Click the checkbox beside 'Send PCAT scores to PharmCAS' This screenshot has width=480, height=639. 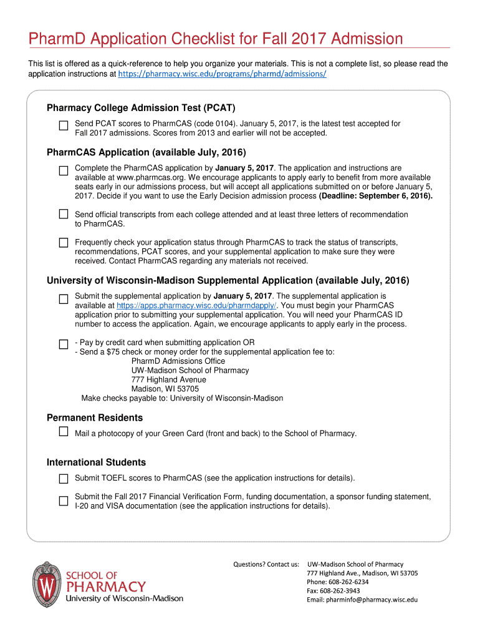click(63, 125)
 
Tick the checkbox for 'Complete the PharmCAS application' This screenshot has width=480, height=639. click(63, 170)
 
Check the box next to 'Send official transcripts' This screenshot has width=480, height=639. click(63, 214)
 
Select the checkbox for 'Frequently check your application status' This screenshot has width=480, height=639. click(63, 241)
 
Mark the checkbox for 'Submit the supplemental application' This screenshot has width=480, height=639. click(63, 299)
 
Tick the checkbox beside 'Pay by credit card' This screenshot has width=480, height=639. click(63, 344)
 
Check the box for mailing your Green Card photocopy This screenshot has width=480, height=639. click(63, 432)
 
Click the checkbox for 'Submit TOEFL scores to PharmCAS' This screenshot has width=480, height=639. click(63, 479)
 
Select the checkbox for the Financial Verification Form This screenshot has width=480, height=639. click(63, 500)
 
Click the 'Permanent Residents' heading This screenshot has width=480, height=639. click(95, 417)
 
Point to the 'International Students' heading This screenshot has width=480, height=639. click(96, 462)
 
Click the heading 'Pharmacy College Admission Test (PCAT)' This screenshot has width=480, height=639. click(141, 108)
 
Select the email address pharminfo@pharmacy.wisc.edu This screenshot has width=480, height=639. click(362, 600)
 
